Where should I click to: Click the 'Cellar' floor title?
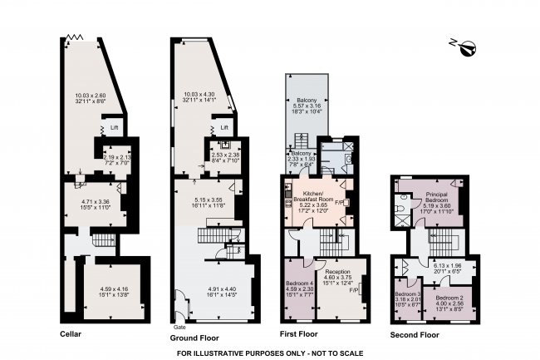pyautogui.click(x=71, y=334)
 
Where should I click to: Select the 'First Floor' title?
pyautogui.click(x=298, y=334)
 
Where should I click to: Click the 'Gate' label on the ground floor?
pyautogui.click(x=178, y=327)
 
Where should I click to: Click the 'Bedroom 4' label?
pyautogui.click(x=299, y=285)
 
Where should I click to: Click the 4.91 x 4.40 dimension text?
pyautogui.click(x=222, y=289)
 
